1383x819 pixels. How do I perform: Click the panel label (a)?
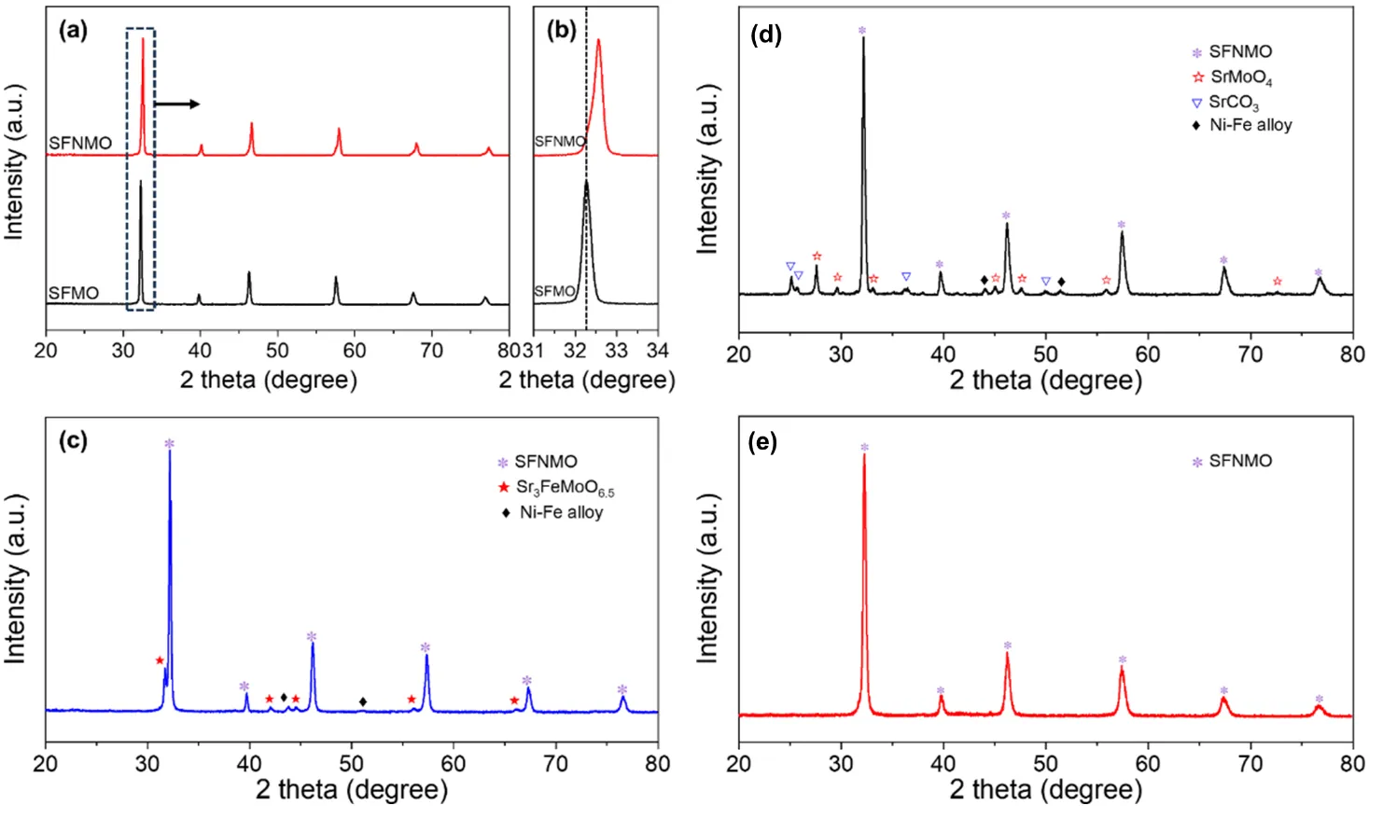click(73, 30)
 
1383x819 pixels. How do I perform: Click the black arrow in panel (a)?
click(177, 104)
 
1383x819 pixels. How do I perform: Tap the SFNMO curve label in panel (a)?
click(80, 143)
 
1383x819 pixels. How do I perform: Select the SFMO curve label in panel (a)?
click(74, 293)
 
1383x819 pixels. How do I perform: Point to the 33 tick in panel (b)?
click(616, 351)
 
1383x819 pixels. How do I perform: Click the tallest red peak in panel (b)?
click(598, 42)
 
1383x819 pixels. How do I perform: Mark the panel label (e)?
click(763, 441)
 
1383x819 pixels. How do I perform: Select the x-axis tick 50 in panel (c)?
click(352, 763)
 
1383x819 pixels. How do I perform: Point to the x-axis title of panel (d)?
click(1045, 381)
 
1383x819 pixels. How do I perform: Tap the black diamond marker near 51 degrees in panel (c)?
click(363, 701)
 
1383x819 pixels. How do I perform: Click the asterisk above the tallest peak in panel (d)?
click(862, 31)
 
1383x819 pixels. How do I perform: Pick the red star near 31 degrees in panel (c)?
click(160, 660)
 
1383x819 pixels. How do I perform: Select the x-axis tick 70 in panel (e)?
click(1250, 763)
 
